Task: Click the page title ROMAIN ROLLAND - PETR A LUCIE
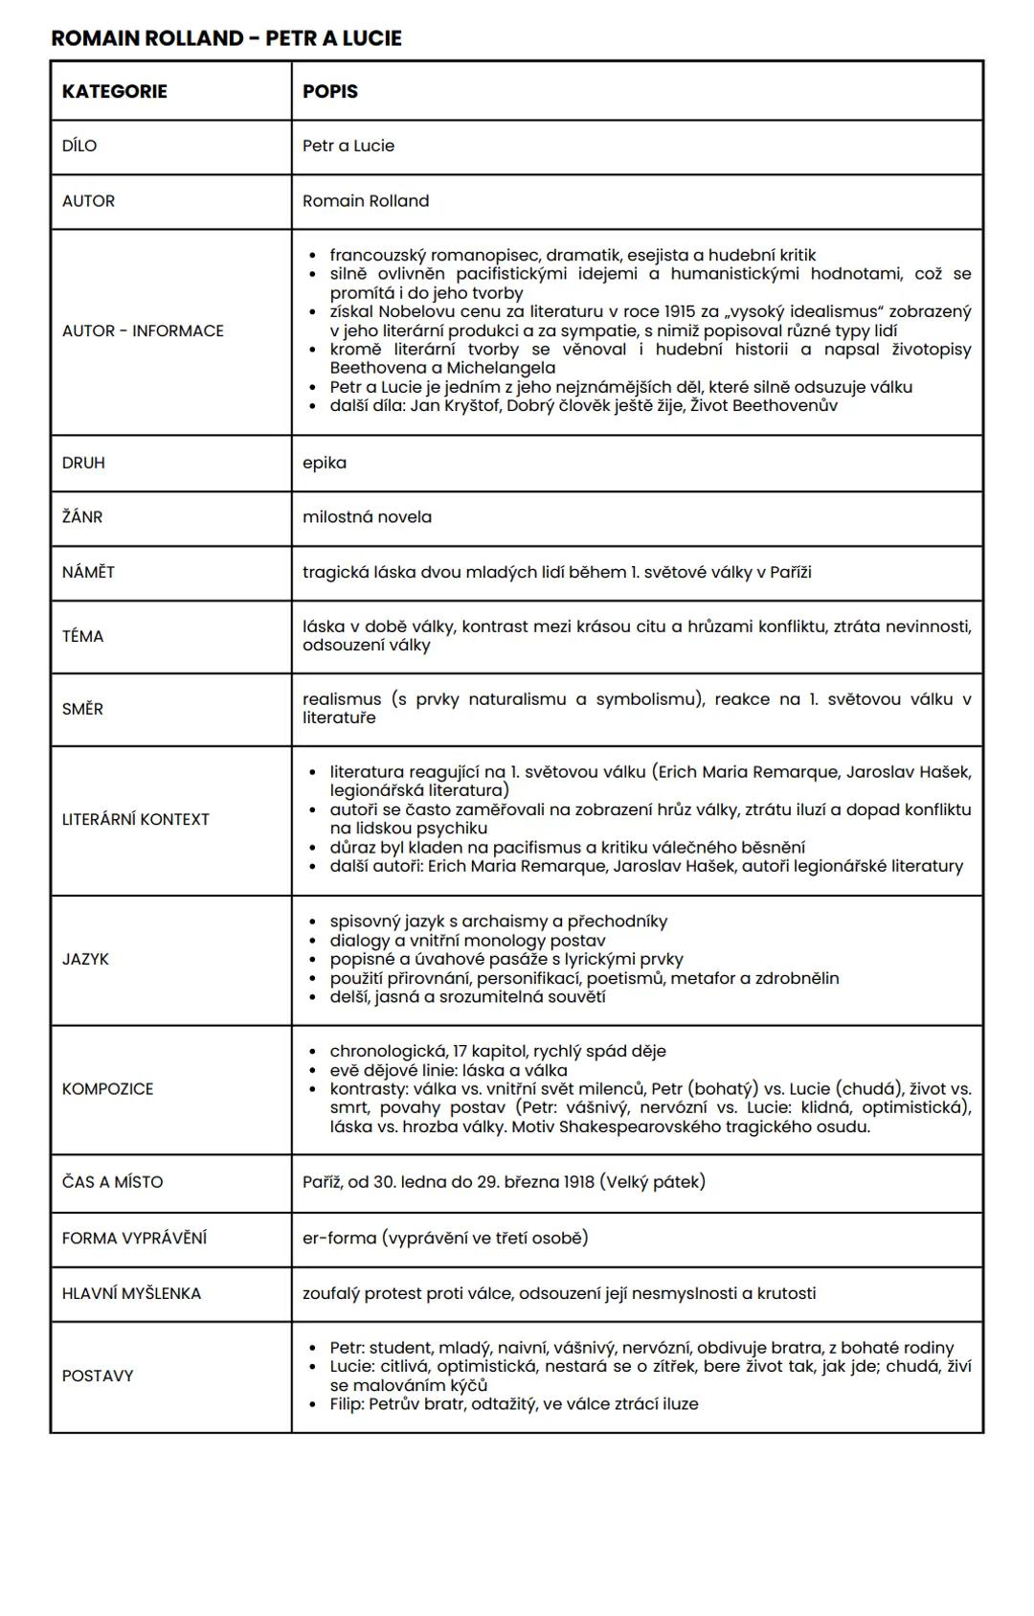[226, 38]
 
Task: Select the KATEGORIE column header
[114, 91]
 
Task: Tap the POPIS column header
[329, 91]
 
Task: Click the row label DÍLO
[79, 146]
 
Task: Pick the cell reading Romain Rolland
[366, 201]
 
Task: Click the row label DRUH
[83, 463]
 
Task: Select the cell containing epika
[325, 463]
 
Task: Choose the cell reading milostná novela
[367, 517]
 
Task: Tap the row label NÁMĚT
[88, 572]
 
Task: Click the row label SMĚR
[82, 709]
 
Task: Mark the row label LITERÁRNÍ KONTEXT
[135, 819]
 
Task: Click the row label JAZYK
[85, 959]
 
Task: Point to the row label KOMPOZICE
[107, 1089]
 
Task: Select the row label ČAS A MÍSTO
[112, 1182]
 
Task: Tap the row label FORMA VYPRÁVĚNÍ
[134, 1238]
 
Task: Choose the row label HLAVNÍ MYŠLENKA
[131, 1293]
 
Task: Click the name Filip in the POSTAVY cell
[347, 1404]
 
